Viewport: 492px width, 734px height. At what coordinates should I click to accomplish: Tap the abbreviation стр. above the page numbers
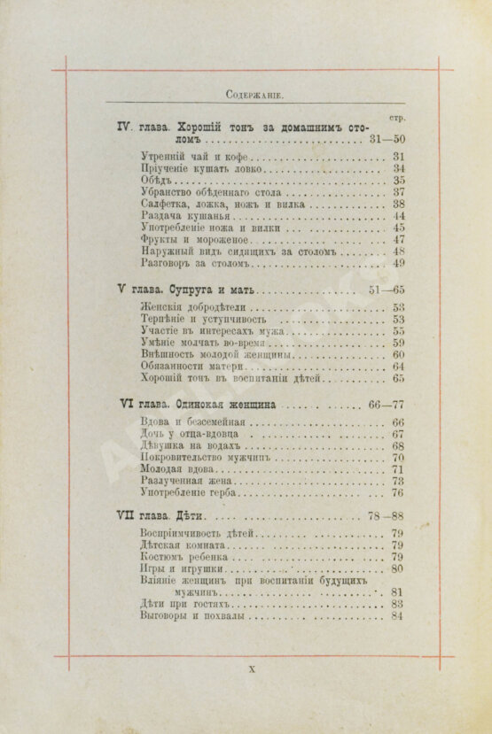tap(398, 117)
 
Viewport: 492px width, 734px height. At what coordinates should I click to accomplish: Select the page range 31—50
tap(387, 139)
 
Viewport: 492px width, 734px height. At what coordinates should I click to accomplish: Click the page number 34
tap(398, 168)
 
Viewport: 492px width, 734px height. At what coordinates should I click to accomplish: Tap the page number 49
tap(398, 263)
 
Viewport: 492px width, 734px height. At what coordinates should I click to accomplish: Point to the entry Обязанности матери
tap(191, 367)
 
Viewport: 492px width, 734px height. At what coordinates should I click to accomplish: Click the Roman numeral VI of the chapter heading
tap(125, 403)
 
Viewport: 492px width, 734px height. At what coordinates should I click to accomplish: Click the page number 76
tap(398, 493)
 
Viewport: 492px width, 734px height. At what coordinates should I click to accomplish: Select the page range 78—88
tap(387, 516)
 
